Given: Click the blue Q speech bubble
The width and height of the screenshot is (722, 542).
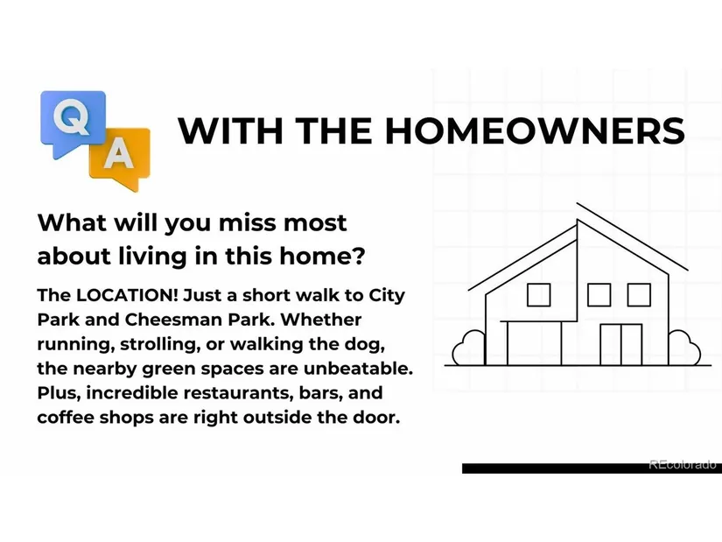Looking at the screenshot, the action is click(x=74, y=122).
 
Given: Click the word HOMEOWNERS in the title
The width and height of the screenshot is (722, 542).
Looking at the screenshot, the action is click(x=535, y=130).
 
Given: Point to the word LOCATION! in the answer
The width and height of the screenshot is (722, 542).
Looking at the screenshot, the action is click(x=127, y=295).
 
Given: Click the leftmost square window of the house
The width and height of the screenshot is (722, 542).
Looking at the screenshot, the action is click(x=538, y=295).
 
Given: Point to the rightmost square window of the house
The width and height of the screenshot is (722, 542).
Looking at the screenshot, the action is click(x=639, y=295).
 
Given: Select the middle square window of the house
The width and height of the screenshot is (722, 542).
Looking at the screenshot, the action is click(x=599, y=295).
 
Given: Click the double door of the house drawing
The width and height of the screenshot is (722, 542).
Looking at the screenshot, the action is click(x=621, y=344).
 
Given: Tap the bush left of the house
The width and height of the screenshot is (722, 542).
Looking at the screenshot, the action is click(x=468, y=348).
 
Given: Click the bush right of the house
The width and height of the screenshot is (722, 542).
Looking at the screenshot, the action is click(x=684, y=348).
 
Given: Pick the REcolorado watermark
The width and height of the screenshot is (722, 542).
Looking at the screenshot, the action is click(x=683, y=465).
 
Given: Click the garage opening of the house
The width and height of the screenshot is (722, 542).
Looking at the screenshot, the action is click(x=534, y=343).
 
